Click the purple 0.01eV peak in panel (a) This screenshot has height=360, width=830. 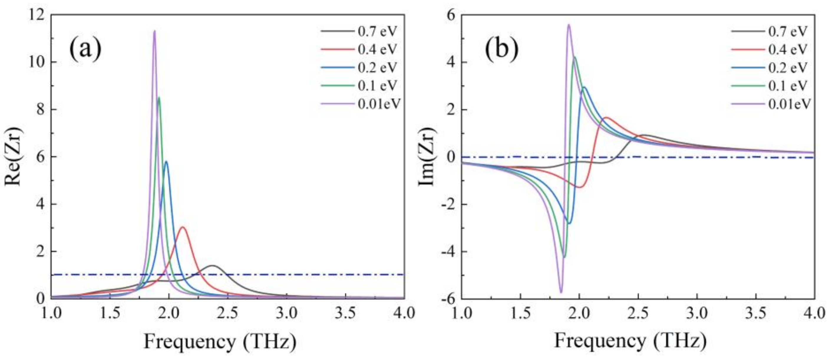[x=155, y=31]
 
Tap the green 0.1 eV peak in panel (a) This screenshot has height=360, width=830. [x=159, y=98]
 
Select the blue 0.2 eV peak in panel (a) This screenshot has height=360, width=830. [x=166, y=162]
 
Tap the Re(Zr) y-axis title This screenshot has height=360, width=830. [x=13, y=156]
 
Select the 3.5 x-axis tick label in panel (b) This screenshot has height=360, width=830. [x=756, y=313]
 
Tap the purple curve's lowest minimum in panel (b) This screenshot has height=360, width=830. [x=561, y=292]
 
